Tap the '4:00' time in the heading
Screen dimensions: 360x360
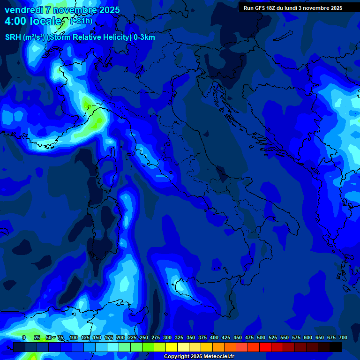15,21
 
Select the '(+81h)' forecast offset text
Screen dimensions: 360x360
81,21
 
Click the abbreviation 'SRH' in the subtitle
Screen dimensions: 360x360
13,37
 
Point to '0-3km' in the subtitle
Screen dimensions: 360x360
144,37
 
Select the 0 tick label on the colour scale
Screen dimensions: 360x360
24,337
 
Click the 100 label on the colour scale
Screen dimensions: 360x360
74,337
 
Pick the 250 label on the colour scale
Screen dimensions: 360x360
144,337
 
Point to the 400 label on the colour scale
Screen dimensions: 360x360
214,337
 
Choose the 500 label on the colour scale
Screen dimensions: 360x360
261,337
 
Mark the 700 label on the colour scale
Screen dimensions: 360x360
343,337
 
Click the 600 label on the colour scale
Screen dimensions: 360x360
308,337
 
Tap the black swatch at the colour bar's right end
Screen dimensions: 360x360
336,347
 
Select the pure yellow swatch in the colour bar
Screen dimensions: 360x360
172,347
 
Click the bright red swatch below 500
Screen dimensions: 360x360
265,347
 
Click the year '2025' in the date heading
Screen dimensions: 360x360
109,10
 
